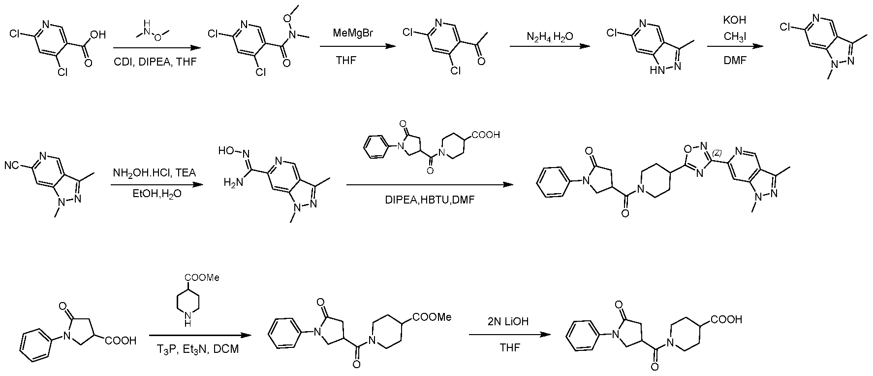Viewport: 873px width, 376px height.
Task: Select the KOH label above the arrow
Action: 734,20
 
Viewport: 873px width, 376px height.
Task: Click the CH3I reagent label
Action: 735,36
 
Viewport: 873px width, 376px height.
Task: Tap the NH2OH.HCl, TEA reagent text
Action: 155,173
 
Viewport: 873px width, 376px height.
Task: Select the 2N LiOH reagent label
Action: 509,321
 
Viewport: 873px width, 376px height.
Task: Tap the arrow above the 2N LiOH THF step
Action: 509,335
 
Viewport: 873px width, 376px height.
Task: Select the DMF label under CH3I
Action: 734,61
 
